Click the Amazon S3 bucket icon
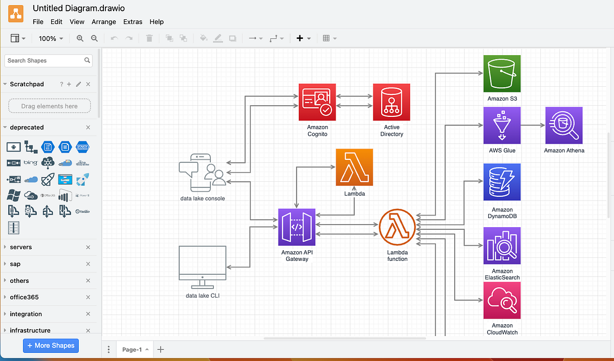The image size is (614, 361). (x=502, y=74)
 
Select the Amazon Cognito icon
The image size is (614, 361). (x=317, y=102)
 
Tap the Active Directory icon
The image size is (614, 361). (x=391, y=102)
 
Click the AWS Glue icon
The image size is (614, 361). (x=502, y=126)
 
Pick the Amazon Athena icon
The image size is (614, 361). (x=564, y=126)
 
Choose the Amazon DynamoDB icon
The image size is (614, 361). (x=502, y=182)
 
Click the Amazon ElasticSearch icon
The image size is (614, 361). (x=502, y=246)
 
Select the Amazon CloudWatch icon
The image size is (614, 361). (x=502, y=300)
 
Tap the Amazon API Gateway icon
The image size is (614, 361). (x=297, y=227)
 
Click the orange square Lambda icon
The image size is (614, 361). (x=355, y=167)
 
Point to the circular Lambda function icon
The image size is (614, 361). (x=397, y=227)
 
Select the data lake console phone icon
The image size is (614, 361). (x=202, y=173)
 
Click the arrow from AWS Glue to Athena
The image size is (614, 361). (x=533, y=125)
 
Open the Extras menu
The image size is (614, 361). (x=133, y=22)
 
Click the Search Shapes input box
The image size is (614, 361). (x=45, y=61)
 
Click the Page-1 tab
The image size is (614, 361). (x=132, y=350)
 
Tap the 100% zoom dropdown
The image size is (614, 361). (x=51, y=38)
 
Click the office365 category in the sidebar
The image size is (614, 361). (x=24, y=297)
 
